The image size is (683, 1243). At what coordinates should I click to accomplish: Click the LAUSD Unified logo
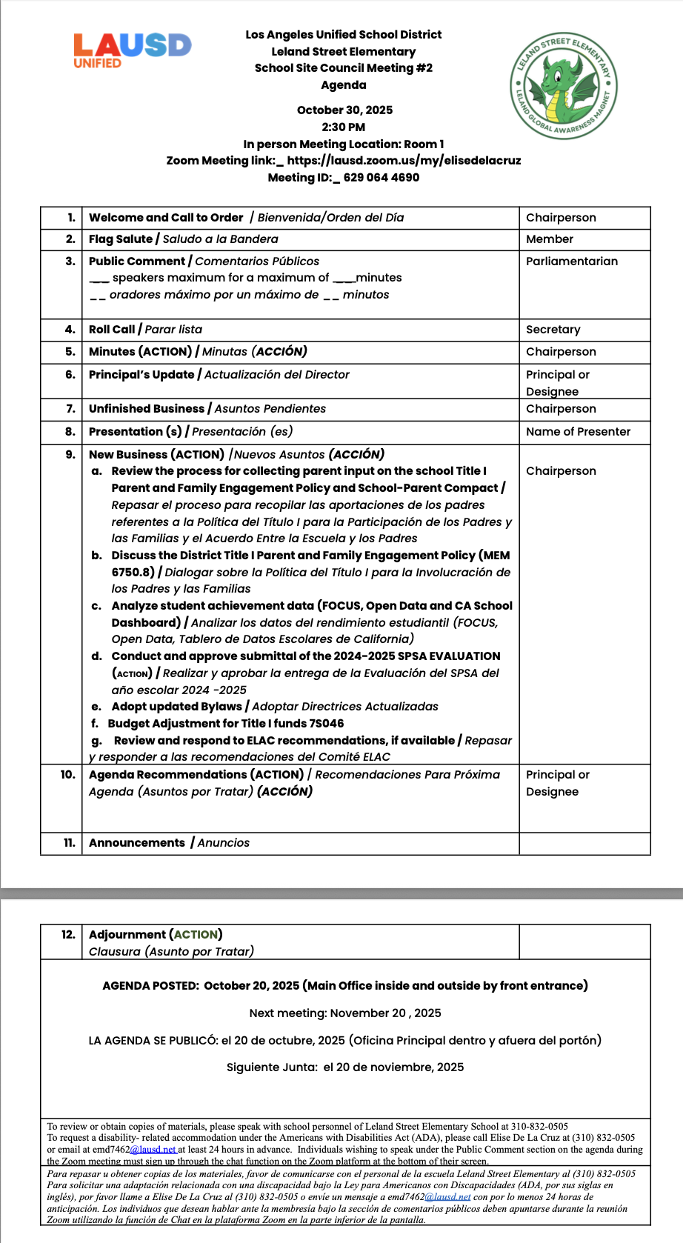[x=132, y=50]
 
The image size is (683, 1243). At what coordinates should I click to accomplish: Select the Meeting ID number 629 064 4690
[x=382, y=178]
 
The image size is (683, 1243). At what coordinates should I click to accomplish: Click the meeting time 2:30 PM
[x=344, y=127]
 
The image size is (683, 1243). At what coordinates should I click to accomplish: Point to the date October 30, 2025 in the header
[x=344, y=110]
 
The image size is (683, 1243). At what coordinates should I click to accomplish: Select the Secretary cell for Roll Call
[x=553, y=330]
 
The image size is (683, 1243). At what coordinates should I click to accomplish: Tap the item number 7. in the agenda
[x=70, y=409]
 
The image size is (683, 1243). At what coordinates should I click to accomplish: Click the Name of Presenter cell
[x=578, y=432]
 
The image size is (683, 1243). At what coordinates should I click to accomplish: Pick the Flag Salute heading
[x=121, y=239]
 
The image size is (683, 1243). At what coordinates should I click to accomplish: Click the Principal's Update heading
[x=141, y=375]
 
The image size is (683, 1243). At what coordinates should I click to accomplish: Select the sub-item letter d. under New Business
[x=96, y=656]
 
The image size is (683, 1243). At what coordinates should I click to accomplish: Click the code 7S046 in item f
[x=325, y=724]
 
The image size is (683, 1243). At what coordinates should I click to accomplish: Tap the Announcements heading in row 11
[x=137, y=843]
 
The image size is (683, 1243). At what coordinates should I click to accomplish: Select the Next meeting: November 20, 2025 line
[x=344, y=1013]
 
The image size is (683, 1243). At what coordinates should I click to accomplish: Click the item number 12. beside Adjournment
[x=68, y=935]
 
